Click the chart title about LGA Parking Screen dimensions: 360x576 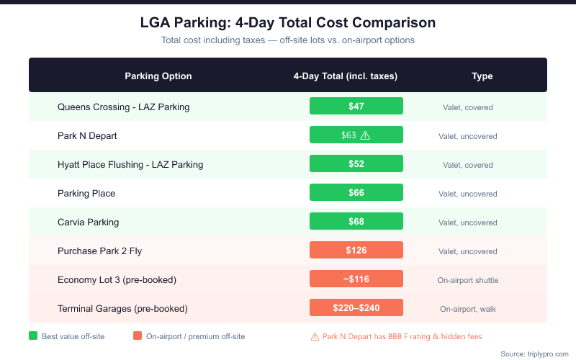[288, 22]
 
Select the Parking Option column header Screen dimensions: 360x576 [158, 76]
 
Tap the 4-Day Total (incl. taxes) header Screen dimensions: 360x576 [346, 76]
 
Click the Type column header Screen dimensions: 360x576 [482, 76]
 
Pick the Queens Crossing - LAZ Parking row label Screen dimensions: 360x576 [124, 107]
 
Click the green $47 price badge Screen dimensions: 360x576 [356, 106]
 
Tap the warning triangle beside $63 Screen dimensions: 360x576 [365, 135]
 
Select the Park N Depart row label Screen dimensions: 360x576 [87, 135]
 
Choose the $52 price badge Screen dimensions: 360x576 [356, 163]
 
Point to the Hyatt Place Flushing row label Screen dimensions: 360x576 [130, 164]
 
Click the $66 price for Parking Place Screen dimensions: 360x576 [356, 192]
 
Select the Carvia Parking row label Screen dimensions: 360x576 [89, 222]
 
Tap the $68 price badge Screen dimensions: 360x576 [356, 221]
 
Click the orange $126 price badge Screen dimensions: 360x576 [356, 250]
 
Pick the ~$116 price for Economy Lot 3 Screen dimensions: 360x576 [356, 279]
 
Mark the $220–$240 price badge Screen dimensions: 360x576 [356, 307]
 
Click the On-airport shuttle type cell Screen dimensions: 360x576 [468, 280]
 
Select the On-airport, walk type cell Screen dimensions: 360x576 [468, 309]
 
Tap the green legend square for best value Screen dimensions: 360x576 [33, 336]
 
